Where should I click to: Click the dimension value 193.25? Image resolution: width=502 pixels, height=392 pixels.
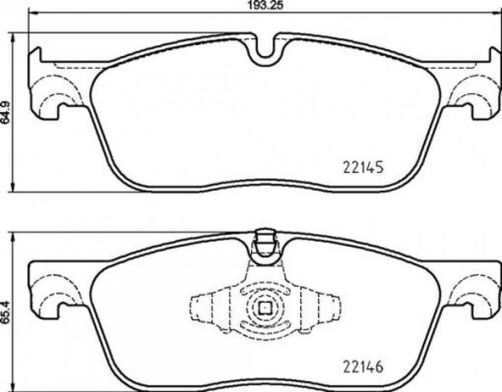(266, 5)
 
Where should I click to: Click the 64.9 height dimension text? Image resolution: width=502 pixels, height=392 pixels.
(6, 113)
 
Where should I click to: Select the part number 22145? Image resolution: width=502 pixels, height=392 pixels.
(363, 167)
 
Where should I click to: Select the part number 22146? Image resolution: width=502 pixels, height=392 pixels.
(363, 367)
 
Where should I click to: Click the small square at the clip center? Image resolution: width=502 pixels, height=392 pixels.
(265, 308)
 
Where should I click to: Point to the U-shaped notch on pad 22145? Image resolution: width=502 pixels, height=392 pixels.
(265, 50)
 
